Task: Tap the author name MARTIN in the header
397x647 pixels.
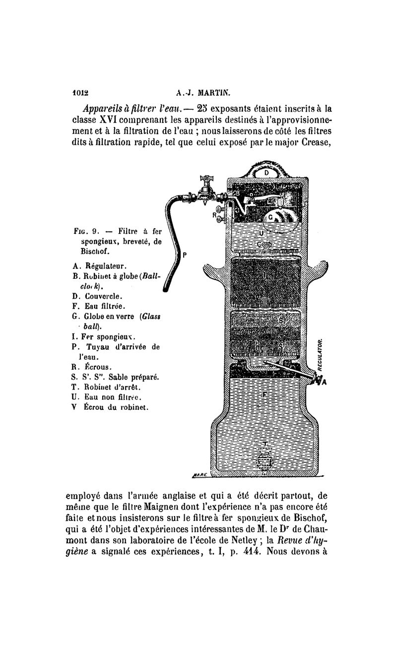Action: click(208, 92)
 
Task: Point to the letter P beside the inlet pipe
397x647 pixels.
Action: click(185, 255)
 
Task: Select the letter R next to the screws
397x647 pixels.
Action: click(213, 215)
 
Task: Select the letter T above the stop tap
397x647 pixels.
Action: click(266, 443)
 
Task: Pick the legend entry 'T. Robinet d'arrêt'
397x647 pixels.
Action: click(102, 387)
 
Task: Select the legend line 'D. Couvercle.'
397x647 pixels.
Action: click(94, 296)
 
